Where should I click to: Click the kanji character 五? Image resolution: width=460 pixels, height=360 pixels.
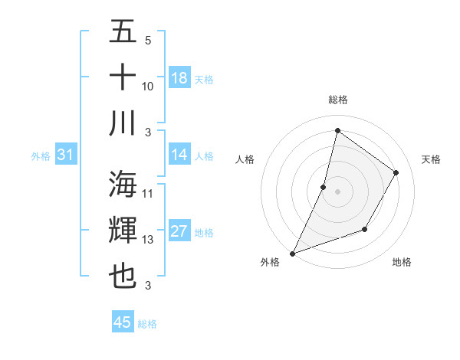tap(123, 32)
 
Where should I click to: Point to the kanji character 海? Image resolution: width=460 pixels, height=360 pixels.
tap(123, 184)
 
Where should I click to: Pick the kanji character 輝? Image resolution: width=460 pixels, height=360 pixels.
tap(123, 230)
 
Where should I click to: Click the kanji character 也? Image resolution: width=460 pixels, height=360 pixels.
tap(123, 276)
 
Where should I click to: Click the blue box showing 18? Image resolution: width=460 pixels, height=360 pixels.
tap(179, 78)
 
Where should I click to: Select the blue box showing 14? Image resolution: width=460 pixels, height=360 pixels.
tap(179, 155)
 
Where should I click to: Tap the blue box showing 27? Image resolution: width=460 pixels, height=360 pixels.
tap(179, 231)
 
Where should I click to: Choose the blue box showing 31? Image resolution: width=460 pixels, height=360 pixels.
tap(65, 155)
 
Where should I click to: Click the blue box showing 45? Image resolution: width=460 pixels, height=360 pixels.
tap(123, 322)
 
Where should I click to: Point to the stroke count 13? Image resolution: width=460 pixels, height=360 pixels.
tap(148, 240)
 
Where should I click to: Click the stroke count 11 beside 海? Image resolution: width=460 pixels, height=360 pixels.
tap(148, 194)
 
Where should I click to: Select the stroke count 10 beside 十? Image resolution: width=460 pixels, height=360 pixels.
tap(148, 86)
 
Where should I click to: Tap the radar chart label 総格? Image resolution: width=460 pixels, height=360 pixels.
tap(338, 100)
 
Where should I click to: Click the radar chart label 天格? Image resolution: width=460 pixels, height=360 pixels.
tap(431, 159)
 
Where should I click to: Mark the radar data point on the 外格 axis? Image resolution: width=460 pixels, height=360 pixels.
tap(292, 253)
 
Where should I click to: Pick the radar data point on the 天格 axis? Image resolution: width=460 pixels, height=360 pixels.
tap(396, 172)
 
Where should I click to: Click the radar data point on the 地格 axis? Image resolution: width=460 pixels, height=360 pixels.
tap(365, 229)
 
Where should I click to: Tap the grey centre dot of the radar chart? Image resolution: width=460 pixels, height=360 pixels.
tap(337, 191)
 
